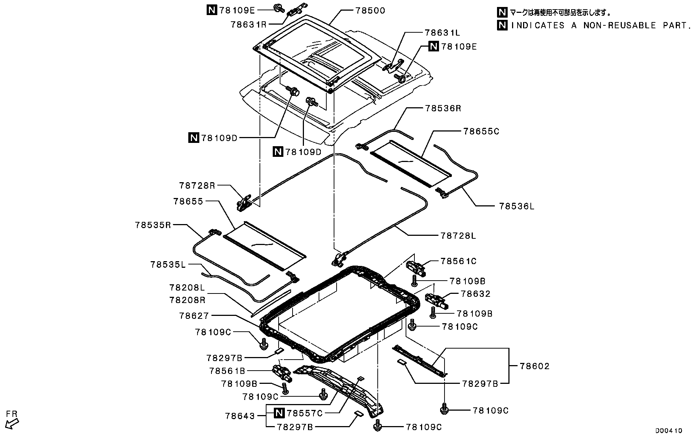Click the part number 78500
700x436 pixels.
(x=370, y=11)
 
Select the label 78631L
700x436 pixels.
(x=443, y=33)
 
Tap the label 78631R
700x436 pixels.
(x=249, y=25)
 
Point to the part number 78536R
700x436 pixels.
(x=443, y=108)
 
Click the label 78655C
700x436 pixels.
(x=481, y=131)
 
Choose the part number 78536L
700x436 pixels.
(x=517, y=206)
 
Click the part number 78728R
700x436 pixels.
(x=197, y=185)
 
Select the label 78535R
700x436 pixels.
(x=153, y=225)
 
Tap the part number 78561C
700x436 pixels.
(x=458, y=261)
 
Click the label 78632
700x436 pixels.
(x=476, y=294)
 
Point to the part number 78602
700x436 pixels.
(x=535, y=366)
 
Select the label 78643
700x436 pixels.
(x=240, y=416)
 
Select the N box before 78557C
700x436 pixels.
(x=279, y=413)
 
